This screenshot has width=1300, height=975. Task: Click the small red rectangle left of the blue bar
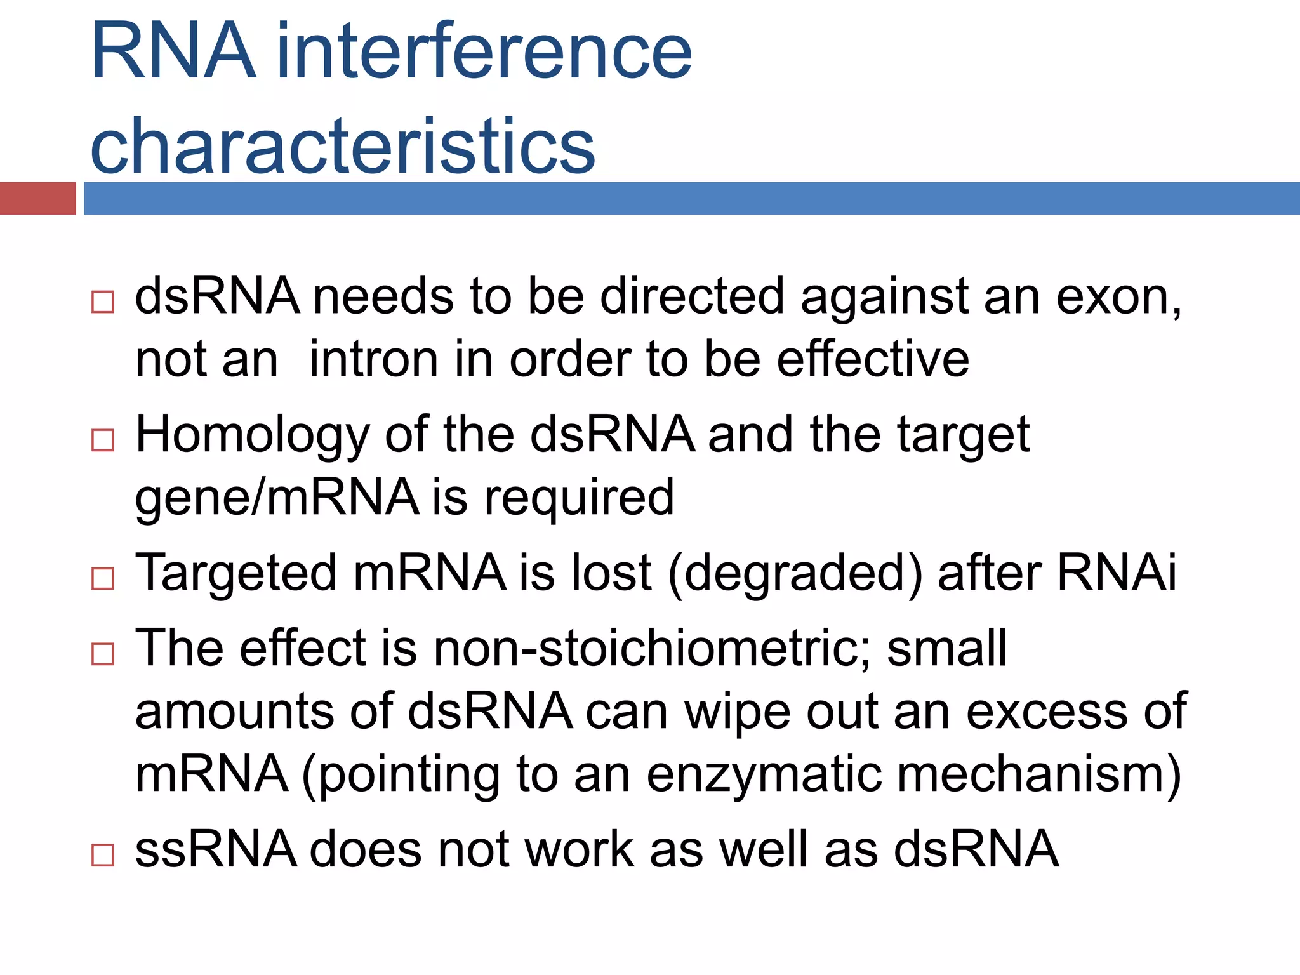37,198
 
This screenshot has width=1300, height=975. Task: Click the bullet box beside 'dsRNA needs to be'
103,302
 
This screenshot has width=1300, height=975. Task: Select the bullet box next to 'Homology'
103,440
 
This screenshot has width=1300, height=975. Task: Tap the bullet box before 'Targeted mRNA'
103,578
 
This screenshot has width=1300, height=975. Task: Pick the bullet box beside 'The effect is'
103,653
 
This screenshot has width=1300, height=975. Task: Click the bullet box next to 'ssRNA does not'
103,854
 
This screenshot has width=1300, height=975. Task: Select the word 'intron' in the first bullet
373,360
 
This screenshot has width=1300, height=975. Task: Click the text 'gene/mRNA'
277,498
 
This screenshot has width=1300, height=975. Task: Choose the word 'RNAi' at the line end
1116,573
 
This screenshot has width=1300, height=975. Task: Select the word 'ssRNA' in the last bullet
216,849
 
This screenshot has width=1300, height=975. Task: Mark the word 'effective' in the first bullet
873,360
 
